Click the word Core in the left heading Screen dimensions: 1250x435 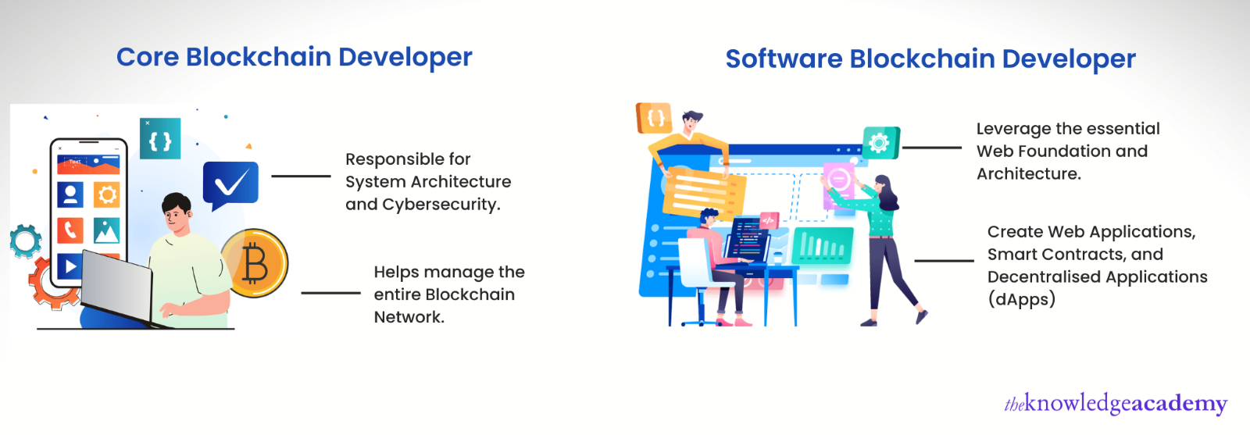(x=148, y=57)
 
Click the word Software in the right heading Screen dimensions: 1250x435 (x=784, y=59)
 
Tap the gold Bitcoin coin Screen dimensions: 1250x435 (x=255, y=262)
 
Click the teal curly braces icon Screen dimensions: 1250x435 (x=160, y=138)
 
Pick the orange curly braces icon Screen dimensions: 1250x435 (x=654, y=118)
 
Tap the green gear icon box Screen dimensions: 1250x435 (x=880, y=143)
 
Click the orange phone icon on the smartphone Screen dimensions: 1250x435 (x=70, y=230)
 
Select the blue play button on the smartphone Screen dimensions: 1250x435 (x=70, y=266)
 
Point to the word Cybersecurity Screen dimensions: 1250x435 (x=441, y=205)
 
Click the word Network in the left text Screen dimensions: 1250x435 (x=409, y=317)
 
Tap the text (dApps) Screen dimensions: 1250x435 (x=1021, y=299)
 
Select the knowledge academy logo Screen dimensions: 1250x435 (x=1116, y=404)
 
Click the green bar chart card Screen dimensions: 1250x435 (x=823, y=245)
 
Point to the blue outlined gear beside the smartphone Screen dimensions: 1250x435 (x=24, y=241)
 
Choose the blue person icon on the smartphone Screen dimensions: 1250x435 (x=70, y=194)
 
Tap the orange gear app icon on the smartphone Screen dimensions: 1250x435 (x=106, y=194)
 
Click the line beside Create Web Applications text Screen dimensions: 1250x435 (x=944, y=260)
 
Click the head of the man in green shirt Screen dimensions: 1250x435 (x=177, y=212)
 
